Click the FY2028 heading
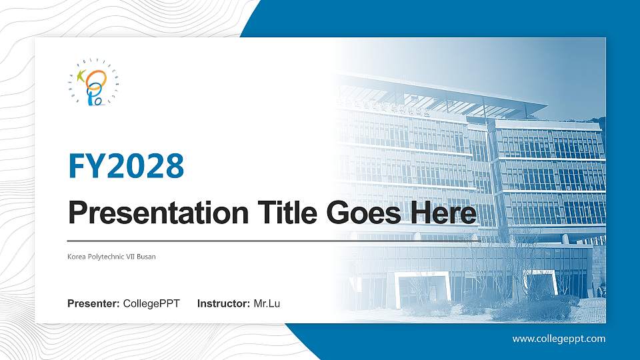126,167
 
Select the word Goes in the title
358,213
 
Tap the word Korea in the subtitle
76,257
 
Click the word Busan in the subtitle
147,257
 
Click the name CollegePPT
151,304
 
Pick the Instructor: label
224,304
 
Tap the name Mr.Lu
267,304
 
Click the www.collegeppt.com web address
559,339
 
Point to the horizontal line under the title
200,240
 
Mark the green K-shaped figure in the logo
83,76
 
